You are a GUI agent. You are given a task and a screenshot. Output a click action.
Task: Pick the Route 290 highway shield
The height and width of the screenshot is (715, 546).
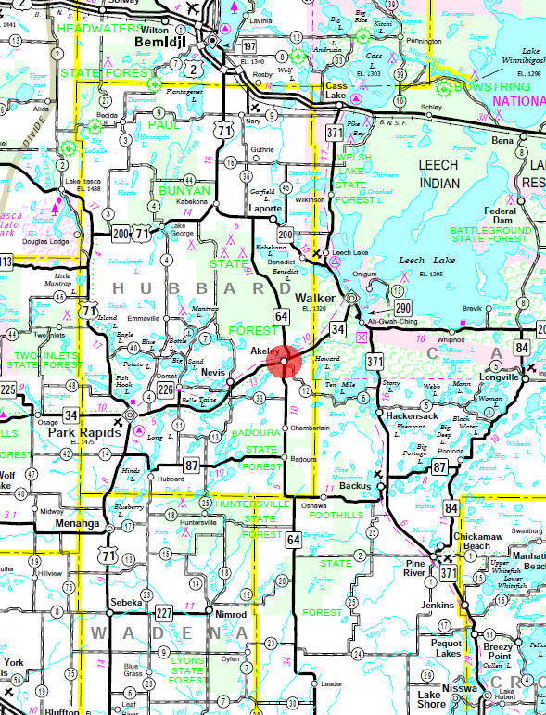click(400, 306)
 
